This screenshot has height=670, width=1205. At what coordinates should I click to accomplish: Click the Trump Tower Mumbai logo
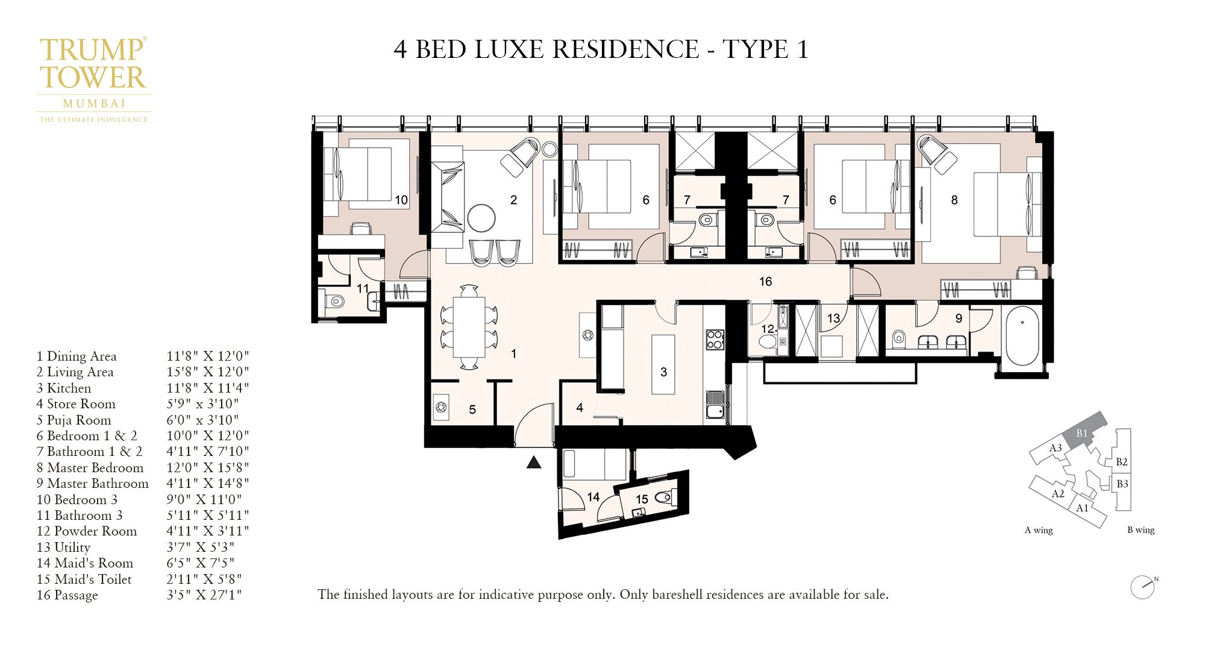pyautogui.click(x=93, y=78)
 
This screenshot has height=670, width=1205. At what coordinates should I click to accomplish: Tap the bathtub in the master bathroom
pyautogui.click(x=1022, y=336)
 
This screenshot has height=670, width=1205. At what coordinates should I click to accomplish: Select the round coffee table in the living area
pyautogui.click(x=481, y=218)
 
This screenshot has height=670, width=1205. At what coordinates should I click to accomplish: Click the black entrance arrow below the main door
pyautogui.click(x=534, y=463)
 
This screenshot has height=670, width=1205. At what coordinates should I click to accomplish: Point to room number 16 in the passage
pyautogui.click(x=765, y=282)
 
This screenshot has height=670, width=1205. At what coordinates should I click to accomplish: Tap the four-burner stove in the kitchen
pyautogui.click(x=715, y=339)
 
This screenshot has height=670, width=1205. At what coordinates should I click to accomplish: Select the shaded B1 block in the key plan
pyautogui.click(x=1083, y=432)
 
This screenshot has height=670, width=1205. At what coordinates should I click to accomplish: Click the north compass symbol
pyautogui.click(x=1142, y=587)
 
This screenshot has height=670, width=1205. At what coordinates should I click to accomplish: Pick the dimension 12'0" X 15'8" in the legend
pyautogui.click(x=207, y=467)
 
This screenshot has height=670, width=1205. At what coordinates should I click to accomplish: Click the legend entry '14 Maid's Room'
pyautogui.click(x=85, y=563)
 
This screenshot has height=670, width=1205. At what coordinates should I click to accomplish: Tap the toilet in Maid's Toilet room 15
pyautogui.click(x=664, y=498)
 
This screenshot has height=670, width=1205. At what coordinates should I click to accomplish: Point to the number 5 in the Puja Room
pyautogui.click(x=472, y=409)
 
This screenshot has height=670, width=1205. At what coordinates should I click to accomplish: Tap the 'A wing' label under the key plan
pyautogui.click(x=1039, y=530)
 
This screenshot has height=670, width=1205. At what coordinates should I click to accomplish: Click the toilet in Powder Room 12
pyautogui.click(x=768, y=342)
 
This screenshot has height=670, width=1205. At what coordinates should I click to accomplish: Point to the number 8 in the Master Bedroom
pyautogui.click(x=954, y=200)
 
